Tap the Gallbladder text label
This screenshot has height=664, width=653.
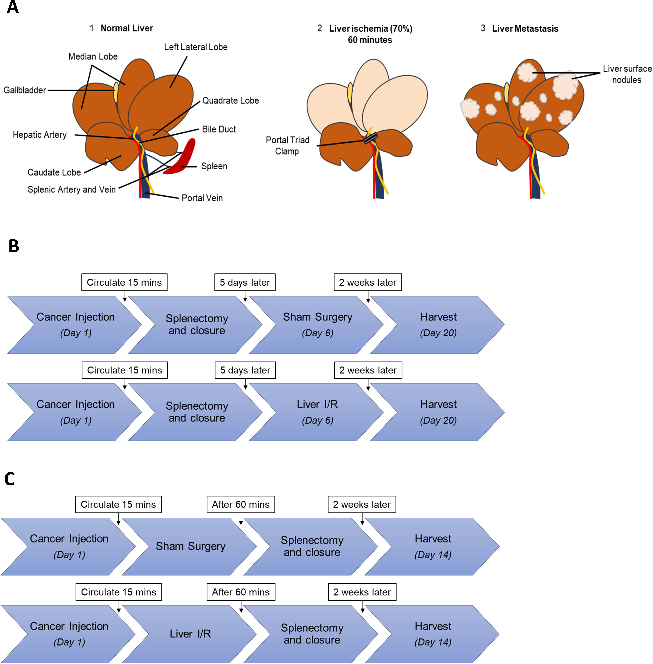(25, 90)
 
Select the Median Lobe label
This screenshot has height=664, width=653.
(93, 57)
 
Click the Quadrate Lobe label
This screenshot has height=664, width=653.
(230, 100)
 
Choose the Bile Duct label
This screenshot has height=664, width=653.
(219, 129)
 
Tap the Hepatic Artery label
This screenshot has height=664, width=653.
(40, 135)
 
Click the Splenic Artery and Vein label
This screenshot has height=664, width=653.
(72, 189)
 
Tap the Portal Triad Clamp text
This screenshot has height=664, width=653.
(287, 146)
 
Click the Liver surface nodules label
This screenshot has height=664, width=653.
(627, 74)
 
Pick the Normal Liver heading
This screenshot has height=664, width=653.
(127, 28)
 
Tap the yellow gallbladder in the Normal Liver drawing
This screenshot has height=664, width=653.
(116, 92)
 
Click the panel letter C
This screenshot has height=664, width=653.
(10, 479)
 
